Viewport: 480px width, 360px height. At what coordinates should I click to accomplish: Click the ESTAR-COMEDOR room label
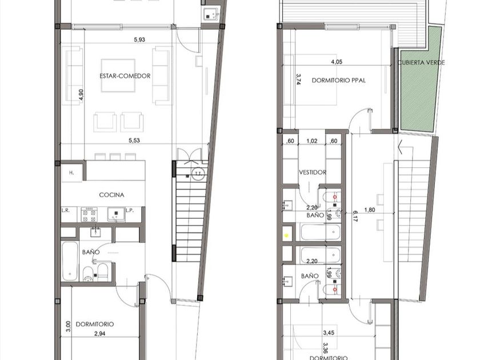click(125, 76)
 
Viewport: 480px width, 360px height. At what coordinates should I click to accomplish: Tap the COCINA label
click(112, 195)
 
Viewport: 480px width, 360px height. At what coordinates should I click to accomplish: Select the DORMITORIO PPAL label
click(338, 81)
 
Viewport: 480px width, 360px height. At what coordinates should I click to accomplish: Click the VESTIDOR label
click(313, 173)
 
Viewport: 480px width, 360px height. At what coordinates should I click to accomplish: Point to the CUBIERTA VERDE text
click(421, 63)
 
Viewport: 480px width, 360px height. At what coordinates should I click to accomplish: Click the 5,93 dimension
click(139, 39)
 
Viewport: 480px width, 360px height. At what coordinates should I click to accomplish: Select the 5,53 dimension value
click(134, 141)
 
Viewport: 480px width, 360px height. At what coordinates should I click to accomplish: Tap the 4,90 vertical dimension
click(81, 95)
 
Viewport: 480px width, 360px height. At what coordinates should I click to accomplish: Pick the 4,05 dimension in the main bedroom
click(337, 62)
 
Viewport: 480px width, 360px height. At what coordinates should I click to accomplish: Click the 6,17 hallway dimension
click(354, 215)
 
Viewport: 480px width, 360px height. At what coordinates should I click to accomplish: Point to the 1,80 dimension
click(370, 210)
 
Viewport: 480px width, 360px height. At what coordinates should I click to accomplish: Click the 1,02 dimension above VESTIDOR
click(311, 141)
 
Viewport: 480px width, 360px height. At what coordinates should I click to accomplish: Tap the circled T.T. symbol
click(198, 174)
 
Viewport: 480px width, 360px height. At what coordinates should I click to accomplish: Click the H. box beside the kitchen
click(71, 173)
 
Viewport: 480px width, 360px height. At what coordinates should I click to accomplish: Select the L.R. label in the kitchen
click(66, 210)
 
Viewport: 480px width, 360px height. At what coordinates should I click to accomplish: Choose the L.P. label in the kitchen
click(130, 210)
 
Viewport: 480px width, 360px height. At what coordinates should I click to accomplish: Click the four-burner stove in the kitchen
click(89, 215)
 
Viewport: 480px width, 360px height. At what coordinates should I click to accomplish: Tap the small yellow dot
click(286, 235)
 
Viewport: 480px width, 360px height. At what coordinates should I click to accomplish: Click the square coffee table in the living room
click(118, 75)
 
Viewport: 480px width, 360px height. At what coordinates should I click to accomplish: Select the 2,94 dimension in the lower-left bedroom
click(100, 334)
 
